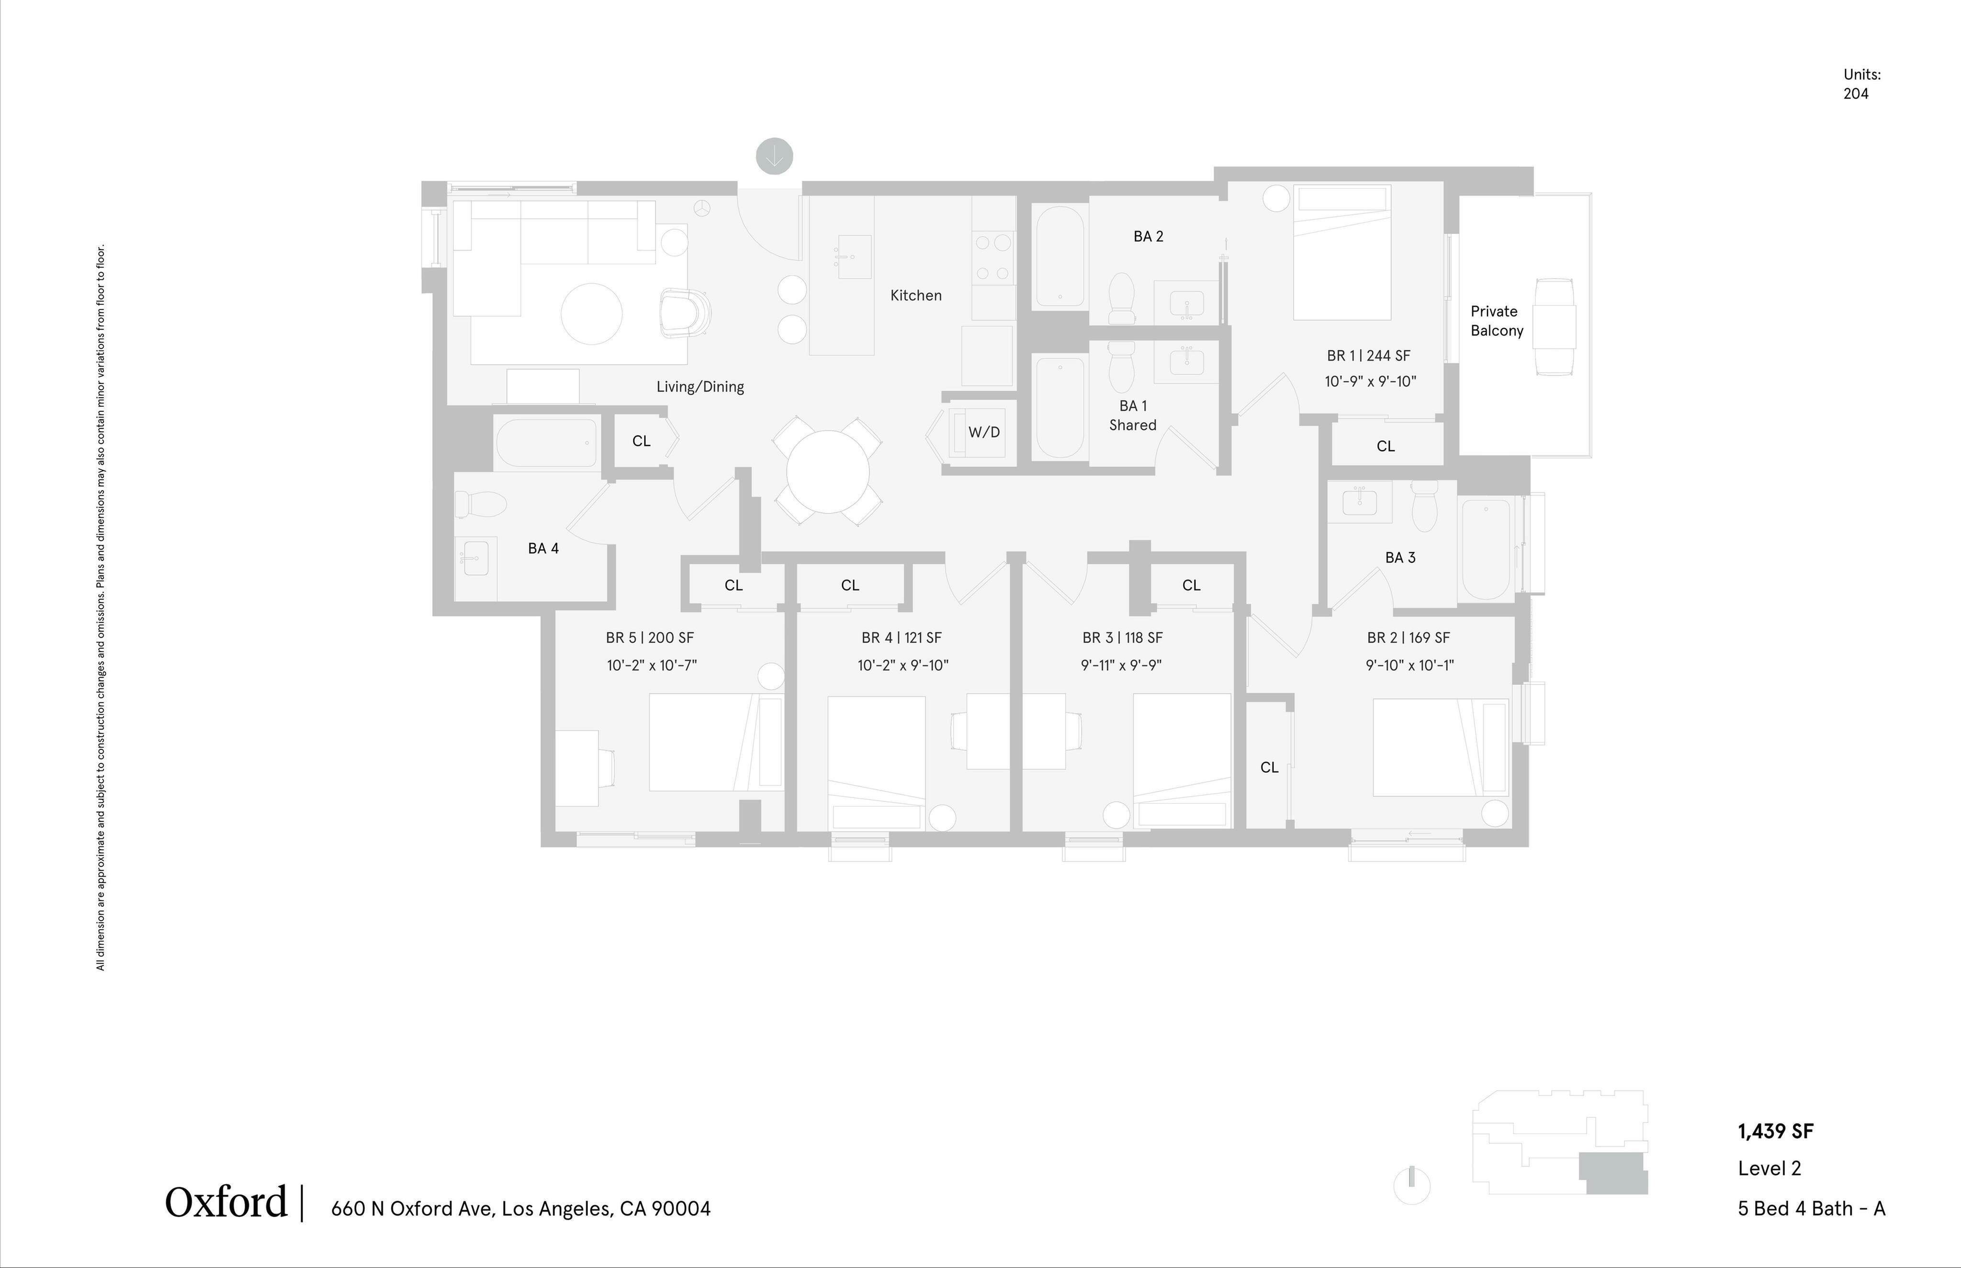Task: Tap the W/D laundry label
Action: (983, 432)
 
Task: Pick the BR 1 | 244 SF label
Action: (1368, 356)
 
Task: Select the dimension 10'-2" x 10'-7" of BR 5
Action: (652, 665)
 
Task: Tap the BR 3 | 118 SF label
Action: (1122, 637)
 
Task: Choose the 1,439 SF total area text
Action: (1775, 1131)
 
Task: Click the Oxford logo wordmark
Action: (225, 1203)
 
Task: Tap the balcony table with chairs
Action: (1554, 327)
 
